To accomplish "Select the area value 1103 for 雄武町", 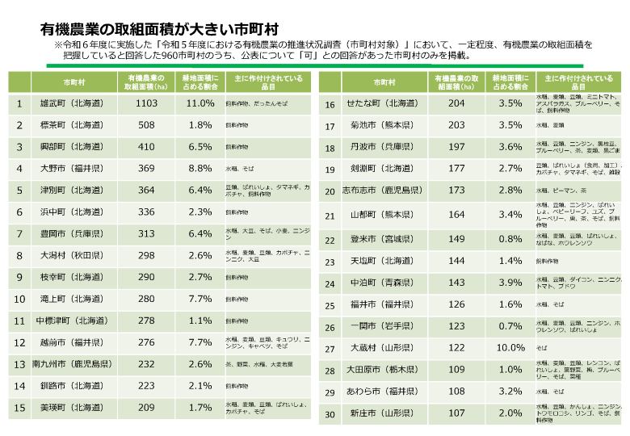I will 146,103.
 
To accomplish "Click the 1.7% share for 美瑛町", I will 199,409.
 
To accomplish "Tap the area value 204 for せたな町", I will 456,103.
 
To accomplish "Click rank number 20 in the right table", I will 330,191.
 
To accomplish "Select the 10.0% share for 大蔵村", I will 510,348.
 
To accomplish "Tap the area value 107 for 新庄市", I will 456,413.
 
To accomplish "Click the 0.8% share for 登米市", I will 510,239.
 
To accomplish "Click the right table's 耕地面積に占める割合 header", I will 510,82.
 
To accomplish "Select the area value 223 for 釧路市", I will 146,387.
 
